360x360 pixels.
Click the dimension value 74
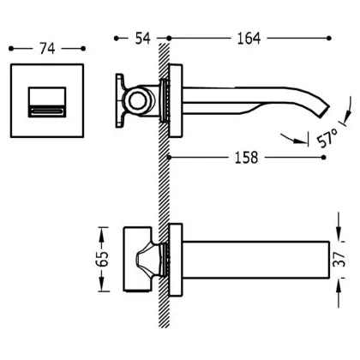tap(47, 49)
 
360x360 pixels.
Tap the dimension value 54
tap(142, 39)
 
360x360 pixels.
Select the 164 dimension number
tap(249, 39)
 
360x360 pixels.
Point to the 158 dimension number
tap(246, 158)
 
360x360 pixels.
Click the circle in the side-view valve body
tap(138, 101)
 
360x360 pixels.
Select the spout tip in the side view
tap(324, 111)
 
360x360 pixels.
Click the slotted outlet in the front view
tap(47, 111)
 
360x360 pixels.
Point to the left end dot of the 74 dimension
tap(11, 49)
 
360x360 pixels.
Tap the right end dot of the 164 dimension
tap(329, 38)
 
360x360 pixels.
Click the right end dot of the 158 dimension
tap(323, 158)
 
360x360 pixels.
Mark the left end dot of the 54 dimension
tap(116, 39)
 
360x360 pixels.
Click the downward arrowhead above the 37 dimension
tap(339, 235)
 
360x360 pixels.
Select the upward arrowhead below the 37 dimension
tap(339, 285)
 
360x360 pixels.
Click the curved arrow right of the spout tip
tap(347, 110)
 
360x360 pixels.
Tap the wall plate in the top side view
tap(176, 100)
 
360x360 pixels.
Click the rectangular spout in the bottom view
tap(255, 260)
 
